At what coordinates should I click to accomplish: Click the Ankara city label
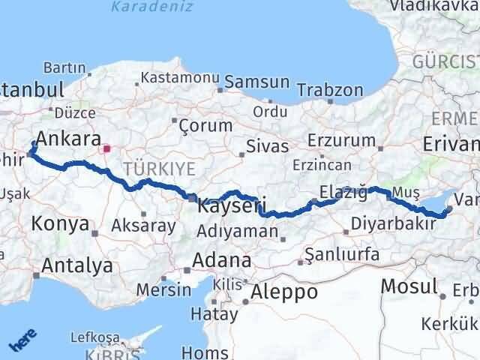(x=69, y=139)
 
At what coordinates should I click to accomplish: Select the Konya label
(x=61, y=223)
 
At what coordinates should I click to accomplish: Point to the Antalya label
(x=77, y=265)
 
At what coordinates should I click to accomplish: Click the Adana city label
(x=221, y=261)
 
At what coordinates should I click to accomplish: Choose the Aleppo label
(x=284, y=292)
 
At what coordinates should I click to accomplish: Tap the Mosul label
(x=409, y=286)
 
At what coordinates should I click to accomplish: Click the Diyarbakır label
(x=394, y=223)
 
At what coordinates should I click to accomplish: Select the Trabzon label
(x=330, y=90)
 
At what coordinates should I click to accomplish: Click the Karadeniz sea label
(x=151, y=7)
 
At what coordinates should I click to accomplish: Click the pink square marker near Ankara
(x=106, y=148)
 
